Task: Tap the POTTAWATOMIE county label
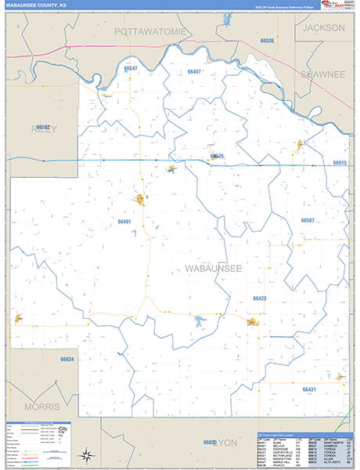(x=151, y=31)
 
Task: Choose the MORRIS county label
(x=41, y=407)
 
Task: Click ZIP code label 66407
(x=194, y=71)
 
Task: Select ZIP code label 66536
(x=268, y=40)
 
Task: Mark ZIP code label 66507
(x=308, y=220)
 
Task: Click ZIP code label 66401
(x=124, y=222)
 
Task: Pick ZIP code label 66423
(x=260, y=298)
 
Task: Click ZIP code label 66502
(x=43, y=127)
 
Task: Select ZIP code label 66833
(x=210, y=443)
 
